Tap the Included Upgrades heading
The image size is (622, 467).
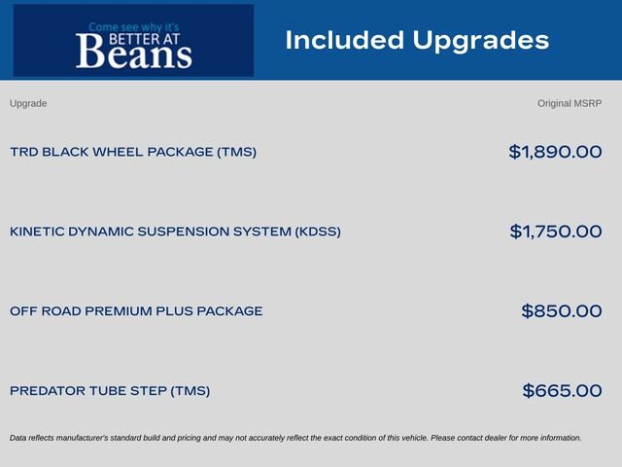pyautogui.click(x=417, y=41)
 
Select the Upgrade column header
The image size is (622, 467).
pyautogui.click(x=28, y=104)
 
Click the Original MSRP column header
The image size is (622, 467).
pyautogui.click(x=570, y=104)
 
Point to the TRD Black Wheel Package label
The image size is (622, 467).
pyautogui.click(x=133, y=152)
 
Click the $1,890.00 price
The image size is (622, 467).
pyautogui.click(x=555, y=152)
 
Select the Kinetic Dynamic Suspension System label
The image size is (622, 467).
pyautogui.click(x=175, y=232)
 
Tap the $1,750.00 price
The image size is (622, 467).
pyautogui.click(x=556, y=232)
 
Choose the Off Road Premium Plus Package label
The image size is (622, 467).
pyautogui.click(x=136, y=311)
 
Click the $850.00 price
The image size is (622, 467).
pyautogui.click(x=562, y=311)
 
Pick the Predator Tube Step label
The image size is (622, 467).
pyautogui.click(x=110, y=391)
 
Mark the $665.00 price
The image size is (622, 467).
pyautogui.click(x=562, y=391)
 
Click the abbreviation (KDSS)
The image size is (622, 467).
pyautogui.click(x=318, y=232)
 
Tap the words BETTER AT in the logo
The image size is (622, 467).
pyautogui.click(x=145, y=39)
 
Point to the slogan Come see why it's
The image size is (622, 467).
pyautogui.click(x=134, y=27)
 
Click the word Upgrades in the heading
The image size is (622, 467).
pyautogui.click(x=481, y=41)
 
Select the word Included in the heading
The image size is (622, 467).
pyautogui.click(x=344, y=40)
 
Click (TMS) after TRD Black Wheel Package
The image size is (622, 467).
pyautogui.click(x=236, y=152)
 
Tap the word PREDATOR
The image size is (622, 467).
pyautogui.click(x=48, y=391)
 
